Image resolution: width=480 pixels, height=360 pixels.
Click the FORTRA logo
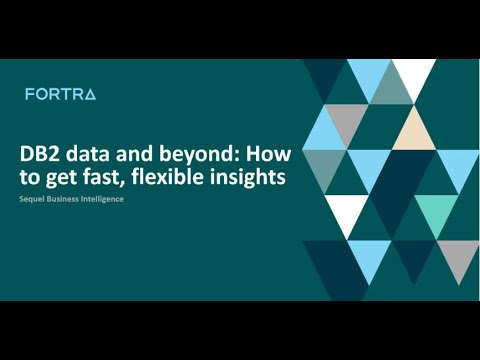[x=60, y=94]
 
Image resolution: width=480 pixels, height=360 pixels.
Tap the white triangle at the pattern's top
[x=413, y=74]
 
